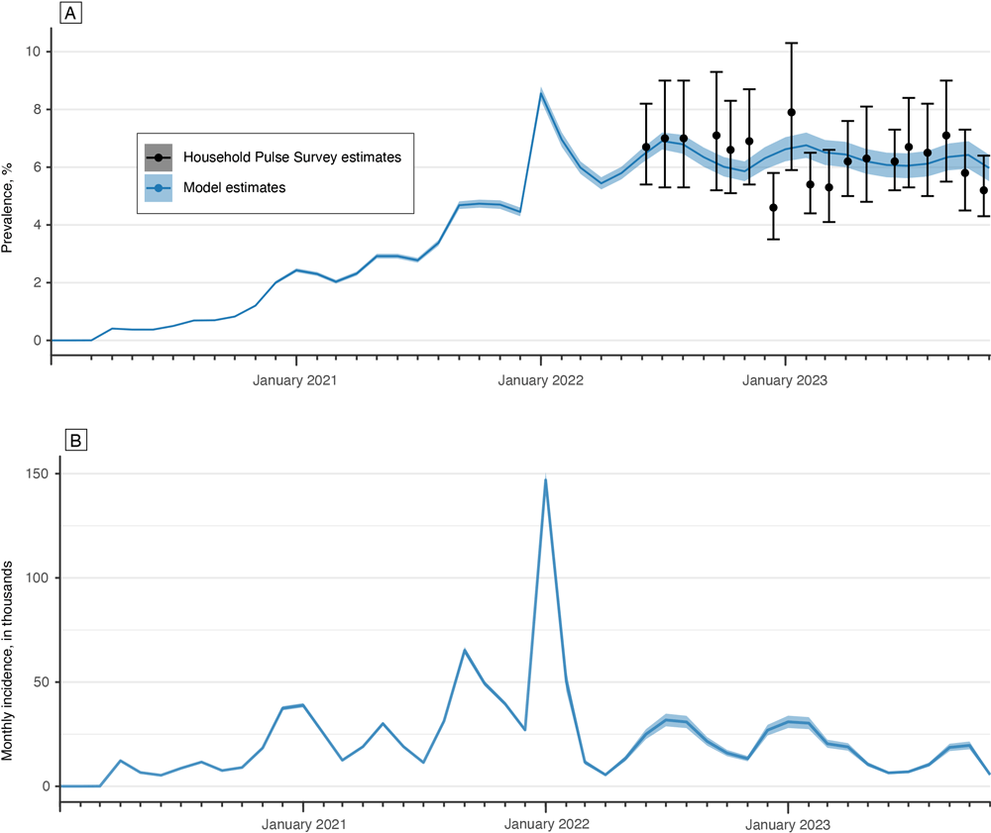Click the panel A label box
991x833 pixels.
tap(70, 14)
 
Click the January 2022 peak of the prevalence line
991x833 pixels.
tap(540, 92)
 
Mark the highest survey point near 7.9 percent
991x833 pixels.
tap(791, 112)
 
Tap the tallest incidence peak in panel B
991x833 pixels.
tap(545, 480)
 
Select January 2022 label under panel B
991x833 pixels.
tap(545, 823)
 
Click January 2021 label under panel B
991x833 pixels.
tap(303, 823)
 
